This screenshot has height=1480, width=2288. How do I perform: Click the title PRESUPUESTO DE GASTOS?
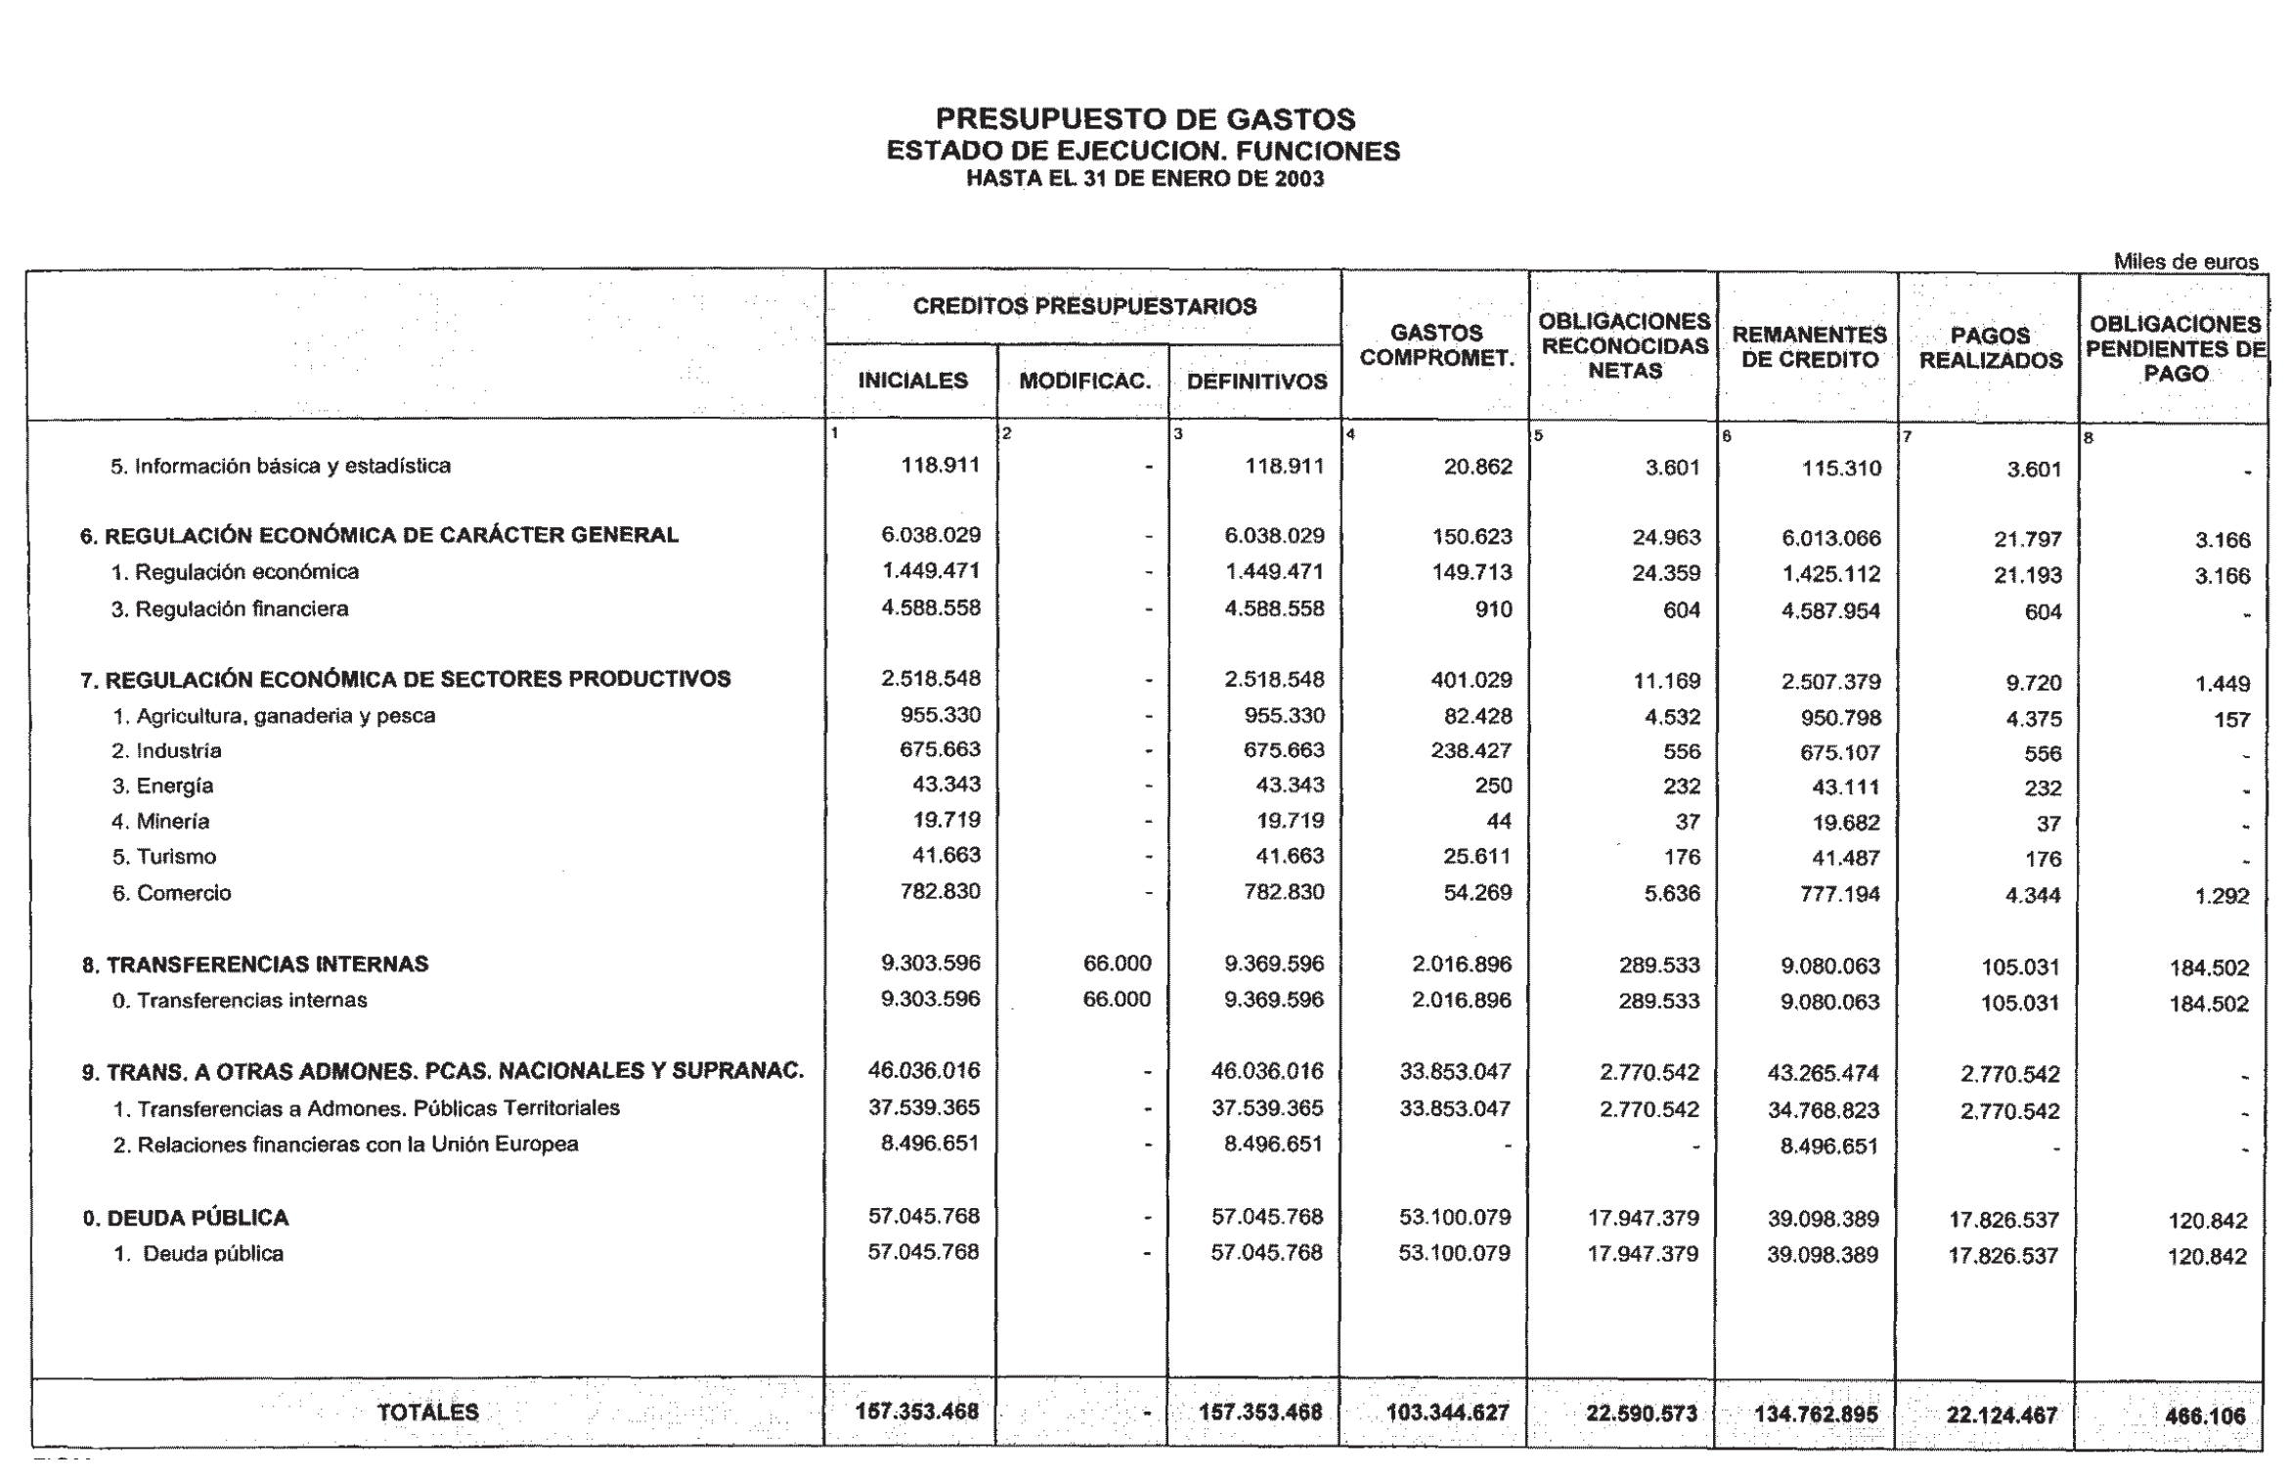coord(1145,119)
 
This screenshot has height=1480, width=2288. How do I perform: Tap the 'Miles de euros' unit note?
coord(2185,262)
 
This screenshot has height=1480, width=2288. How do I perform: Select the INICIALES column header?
coord(912,381)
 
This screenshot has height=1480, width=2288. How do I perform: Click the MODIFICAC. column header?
coord(1084,381)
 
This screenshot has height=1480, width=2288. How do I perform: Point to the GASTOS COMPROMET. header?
coord(1436,346)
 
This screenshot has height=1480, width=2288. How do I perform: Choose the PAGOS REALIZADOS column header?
coord(1990,348)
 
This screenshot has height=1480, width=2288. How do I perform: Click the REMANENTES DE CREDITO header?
coord(1809,347)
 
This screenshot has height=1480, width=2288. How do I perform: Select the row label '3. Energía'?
coord(162,786)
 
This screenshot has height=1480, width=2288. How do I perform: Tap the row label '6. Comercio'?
coord(172,893)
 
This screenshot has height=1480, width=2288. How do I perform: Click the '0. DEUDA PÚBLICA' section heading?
coord(186,1218)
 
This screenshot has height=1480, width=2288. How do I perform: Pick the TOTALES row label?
coord(428,1413)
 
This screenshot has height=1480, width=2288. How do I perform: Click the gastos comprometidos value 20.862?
coord(1477,467)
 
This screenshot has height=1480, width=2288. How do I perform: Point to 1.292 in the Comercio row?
coord(2222,896)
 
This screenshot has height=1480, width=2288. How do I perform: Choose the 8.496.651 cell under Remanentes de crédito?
coord(1828,1146)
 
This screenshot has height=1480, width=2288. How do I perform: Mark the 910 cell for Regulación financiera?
coord(1493,610)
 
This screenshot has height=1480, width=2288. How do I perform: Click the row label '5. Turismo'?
coord(164,857)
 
